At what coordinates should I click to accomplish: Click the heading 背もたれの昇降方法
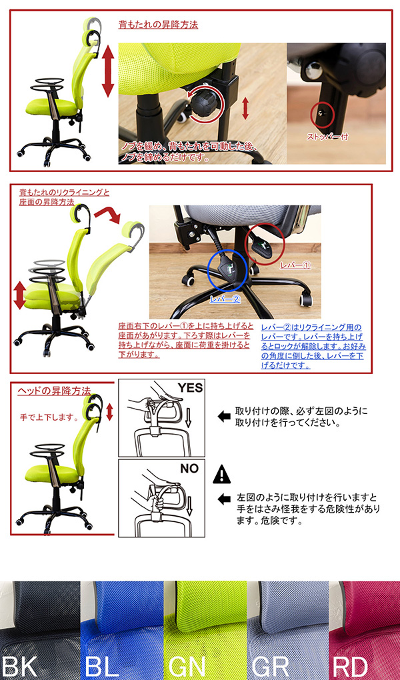tap(159, 25)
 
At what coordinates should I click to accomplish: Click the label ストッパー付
tap(327, 137)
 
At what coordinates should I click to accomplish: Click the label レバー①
tap(295, 265)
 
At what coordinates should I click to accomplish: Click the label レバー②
tap(225, 299)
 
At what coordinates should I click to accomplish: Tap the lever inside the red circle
tap(261, 245)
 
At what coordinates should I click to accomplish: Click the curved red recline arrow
tap(107, 215)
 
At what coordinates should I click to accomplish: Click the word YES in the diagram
tap(190, 388)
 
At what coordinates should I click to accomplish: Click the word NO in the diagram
tap(189, 469)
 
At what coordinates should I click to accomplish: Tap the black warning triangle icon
tap(222, 475)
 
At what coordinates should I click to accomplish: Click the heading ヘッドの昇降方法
tap(54, 390)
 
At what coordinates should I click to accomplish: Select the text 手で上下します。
tap(49, 418)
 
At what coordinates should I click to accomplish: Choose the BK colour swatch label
tap(19, 666)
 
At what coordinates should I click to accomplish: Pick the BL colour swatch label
tap(101, 666)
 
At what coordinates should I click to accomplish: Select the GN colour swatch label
tap(187, 666)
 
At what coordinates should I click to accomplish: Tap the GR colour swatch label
tap(270, 666)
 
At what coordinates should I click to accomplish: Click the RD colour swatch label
tap(350, 666)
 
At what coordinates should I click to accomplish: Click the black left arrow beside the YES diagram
tap(224, 417)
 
